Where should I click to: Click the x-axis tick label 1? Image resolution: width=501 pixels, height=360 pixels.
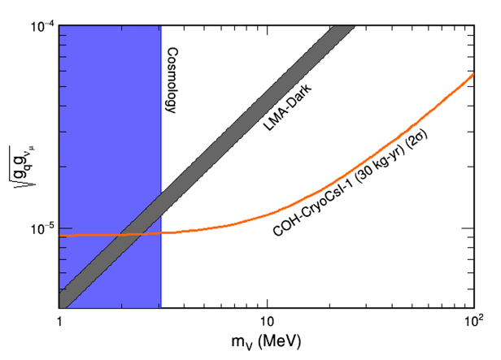(59, 322)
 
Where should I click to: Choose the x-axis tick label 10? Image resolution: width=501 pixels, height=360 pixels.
(266, 322)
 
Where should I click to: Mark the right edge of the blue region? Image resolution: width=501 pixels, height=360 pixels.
(161, 163)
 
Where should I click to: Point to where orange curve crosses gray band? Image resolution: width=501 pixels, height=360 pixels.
(131, 235)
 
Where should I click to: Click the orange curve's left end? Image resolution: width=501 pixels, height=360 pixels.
(60, 236)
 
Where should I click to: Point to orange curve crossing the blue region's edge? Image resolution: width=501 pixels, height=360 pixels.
(161, 233)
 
